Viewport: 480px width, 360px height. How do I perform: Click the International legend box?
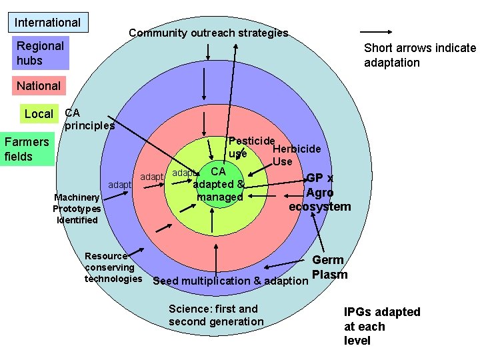click(x=47, y=23)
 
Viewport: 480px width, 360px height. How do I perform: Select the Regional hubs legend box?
click(x=41, y=53)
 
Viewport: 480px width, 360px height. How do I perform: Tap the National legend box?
click(x=39, y=86)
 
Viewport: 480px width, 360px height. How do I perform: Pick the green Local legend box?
click(x=39, y=114)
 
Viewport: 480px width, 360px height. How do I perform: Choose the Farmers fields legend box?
click(x=27, y=149)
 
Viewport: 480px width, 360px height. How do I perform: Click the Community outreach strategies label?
click(x=208, y=33)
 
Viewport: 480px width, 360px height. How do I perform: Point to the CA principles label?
click(x=89, y=119)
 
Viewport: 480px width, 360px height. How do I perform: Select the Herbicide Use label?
click(x=293, y=155)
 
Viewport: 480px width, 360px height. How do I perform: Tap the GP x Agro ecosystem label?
click(x=319, y=192)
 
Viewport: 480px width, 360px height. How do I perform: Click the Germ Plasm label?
click(x=329, y=267)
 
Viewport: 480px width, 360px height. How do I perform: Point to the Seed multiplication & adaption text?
click(x=231, y=281)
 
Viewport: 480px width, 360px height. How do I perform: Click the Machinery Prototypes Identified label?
click(x=77, y=209)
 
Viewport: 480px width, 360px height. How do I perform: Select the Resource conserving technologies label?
click(x=112, y=267)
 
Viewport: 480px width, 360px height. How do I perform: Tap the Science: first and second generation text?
click(x=216, y=315)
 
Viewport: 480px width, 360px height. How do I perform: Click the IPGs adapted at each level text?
click(x=381, y=327)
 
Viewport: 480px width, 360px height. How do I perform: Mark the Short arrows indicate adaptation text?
click(x=419, y=55)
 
